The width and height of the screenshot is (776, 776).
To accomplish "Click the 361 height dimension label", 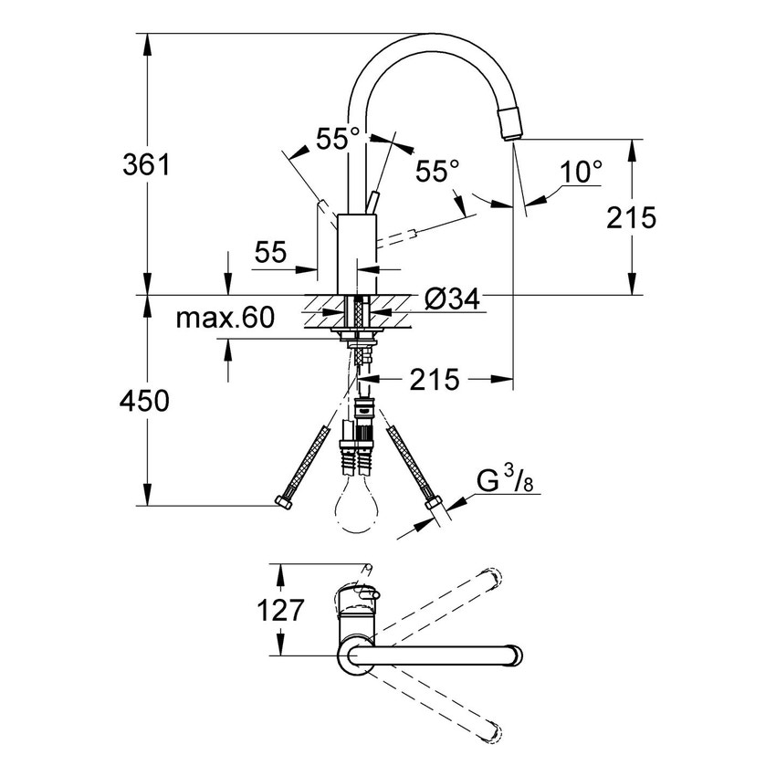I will pos(147,165).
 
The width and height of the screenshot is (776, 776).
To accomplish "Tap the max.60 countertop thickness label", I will pos(225,318).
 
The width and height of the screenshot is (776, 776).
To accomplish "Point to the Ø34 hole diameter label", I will pos(454,299).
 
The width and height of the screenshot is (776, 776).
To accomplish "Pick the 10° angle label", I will pos(582,171).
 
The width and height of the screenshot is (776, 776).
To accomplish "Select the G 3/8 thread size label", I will pos(503,481).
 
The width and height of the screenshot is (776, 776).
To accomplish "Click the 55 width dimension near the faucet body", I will pos(270,252).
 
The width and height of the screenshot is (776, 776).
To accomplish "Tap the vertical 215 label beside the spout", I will pos(631,217).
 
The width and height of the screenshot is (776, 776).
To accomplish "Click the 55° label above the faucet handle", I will pos(338,139).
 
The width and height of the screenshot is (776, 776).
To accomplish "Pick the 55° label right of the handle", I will pos(437,171).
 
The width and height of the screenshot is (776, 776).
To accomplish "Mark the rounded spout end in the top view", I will pos(517,655).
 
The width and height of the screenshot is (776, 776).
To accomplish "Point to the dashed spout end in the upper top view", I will pos(493,578).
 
